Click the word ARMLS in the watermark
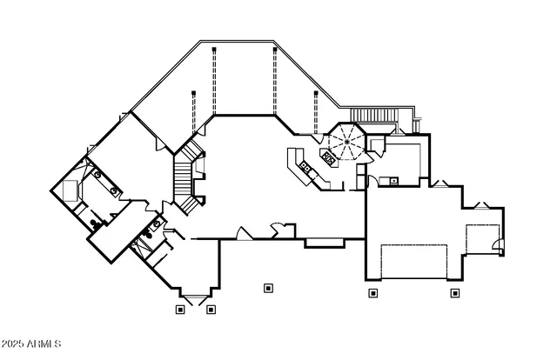(44, 343)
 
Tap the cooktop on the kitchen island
(328, 157)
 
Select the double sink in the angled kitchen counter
(305, 166)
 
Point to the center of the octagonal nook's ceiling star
(346, 142)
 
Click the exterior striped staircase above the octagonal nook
(373, 115)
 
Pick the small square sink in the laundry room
(393, 181)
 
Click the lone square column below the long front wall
(268, 288)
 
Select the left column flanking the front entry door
(180, 310)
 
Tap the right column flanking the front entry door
(211, 310)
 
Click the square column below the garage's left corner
(372, 293)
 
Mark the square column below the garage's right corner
(455, 293)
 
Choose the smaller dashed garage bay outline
(483, 239)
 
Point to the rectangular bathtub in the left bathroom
(70, 190)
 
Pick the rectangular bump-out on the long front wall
(325, 243)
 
